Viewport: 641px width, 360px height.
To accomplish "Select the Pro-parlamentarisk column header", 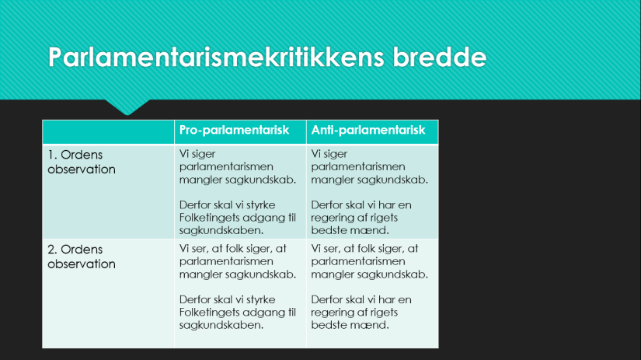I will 234,131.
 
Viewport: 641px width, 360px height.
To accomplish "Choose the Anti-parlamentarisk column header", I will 368,131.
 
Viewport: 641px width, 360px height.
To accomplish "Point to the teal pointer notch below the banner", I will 127,106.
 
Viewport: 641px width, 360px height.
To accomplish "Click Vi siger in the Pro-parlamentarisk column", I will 198,154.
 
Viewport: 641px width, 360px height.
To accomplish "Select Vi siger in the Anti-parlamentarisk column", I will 330,154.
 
